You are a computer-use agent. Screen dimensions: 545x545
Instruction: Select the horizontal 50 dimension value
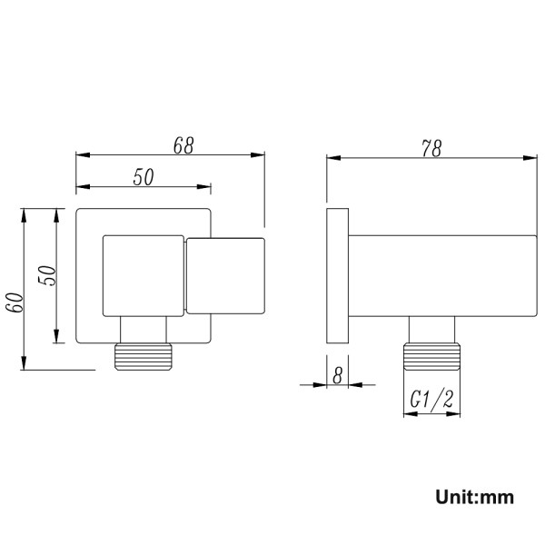(x=144, y=177)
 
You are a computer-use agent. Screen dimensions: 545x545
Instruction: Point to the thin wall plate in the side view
(x=336, y=275)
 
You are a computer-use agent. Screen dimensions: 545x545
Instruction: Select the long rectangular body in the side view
(x=441, y=275)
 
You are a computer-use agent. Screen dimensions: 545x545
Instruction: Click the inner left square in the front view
(x=144, y=276)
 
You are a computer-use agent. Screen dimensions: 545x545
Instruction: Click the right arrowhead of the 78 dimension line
(x=531, y=158)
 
